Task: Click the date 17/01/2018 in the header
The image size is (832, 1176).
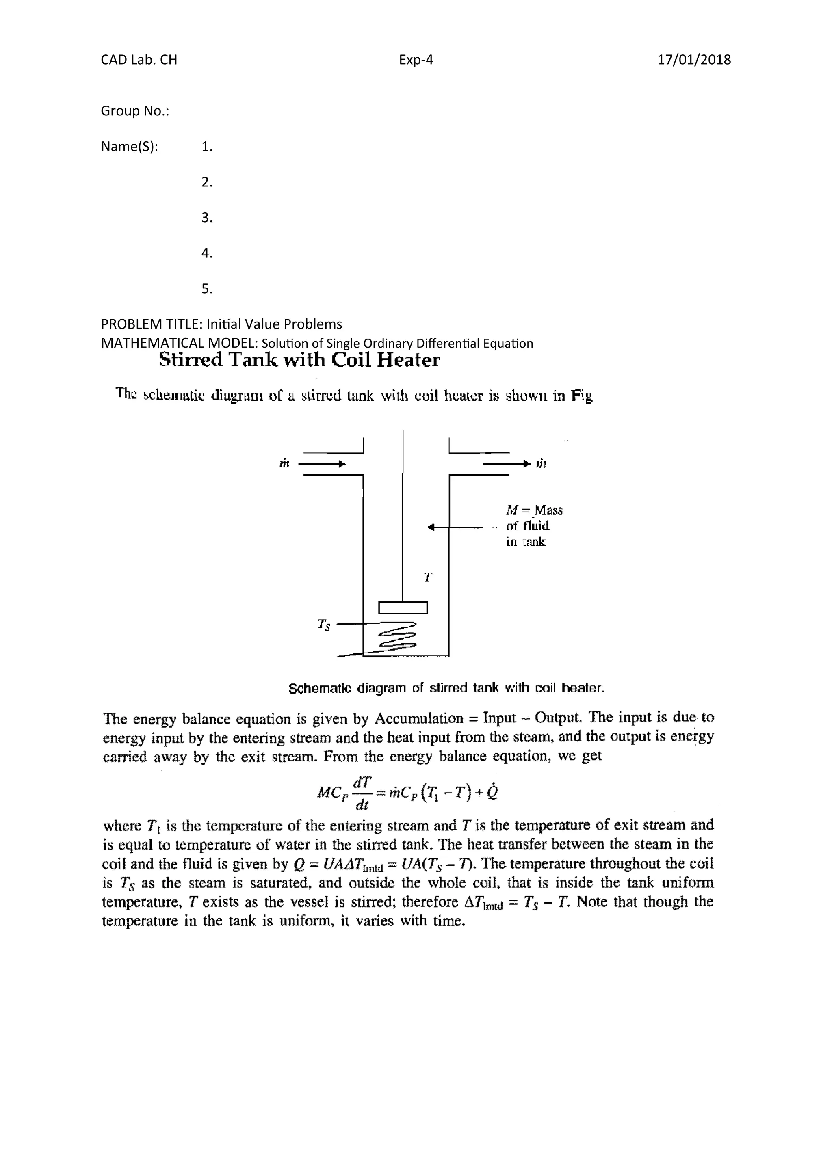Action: click(694, 60)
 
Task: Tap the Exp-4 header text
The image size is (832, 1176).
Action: click(416, 60)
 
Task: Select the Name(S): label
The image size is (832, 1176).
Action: click(129, 147)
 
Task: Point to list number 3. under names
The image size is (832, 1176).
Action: click(206, 218)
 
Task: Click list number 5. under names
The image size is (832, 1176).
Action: click(206, 289)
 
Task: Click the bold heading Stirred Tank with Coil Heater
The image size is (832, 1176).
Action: click(299, 360)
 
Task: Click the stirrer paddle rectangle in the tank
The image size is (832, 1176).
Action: click(403, 607)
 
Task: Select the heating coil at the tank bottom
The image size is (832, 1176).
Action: click(396, 637)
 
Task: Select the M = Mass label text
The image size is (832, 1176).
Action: click(534, 510)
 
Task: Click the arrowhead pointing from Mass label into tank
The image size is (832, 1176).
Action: click(431, 527)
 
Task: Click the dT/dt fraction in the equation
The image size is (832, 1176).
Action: click(362, 793)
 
